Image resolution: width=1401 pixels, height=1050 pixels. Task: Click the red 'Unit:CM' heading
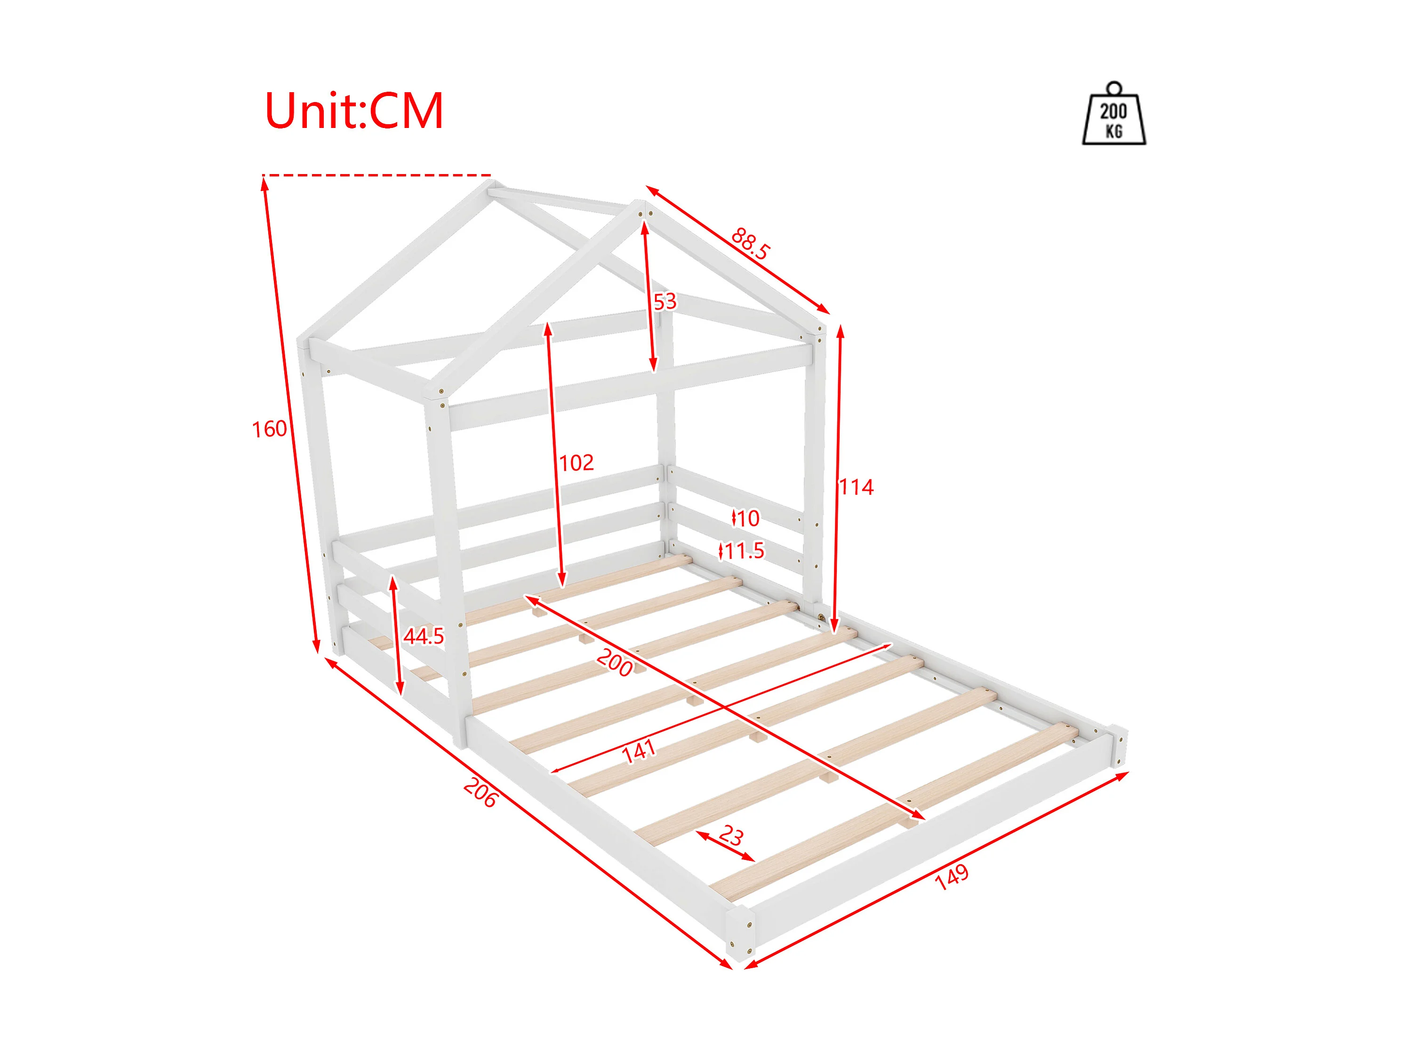353,111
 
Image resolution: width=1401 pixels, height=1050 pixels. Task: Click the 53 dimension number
665,302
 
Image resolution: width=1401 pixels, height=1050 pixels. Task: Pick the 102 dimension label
576,463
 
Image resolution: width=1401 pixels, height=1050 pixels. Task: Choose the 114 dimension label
857,487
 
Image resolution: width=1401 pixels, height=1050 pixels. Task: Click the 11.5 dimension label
744,551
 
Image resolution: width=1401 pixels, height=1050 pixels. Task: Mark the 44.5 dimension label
424,636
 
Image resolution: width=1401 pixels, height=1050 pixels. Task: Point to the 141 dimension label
639,751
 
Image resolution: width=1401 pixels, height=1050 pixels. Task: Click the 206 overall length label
480,793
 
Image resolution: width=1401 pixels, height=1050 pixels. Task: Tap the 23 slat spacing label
731,835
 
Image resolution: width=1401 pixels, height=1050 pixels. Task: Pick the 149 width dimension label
951,876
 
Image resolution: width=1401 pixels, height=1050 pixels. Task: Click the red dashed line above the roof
377,175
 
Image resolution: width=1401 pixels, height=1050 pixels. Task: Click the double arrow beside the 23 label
725,847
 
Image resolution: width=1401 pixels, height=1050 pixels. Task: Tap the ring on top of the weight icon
1113,88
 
